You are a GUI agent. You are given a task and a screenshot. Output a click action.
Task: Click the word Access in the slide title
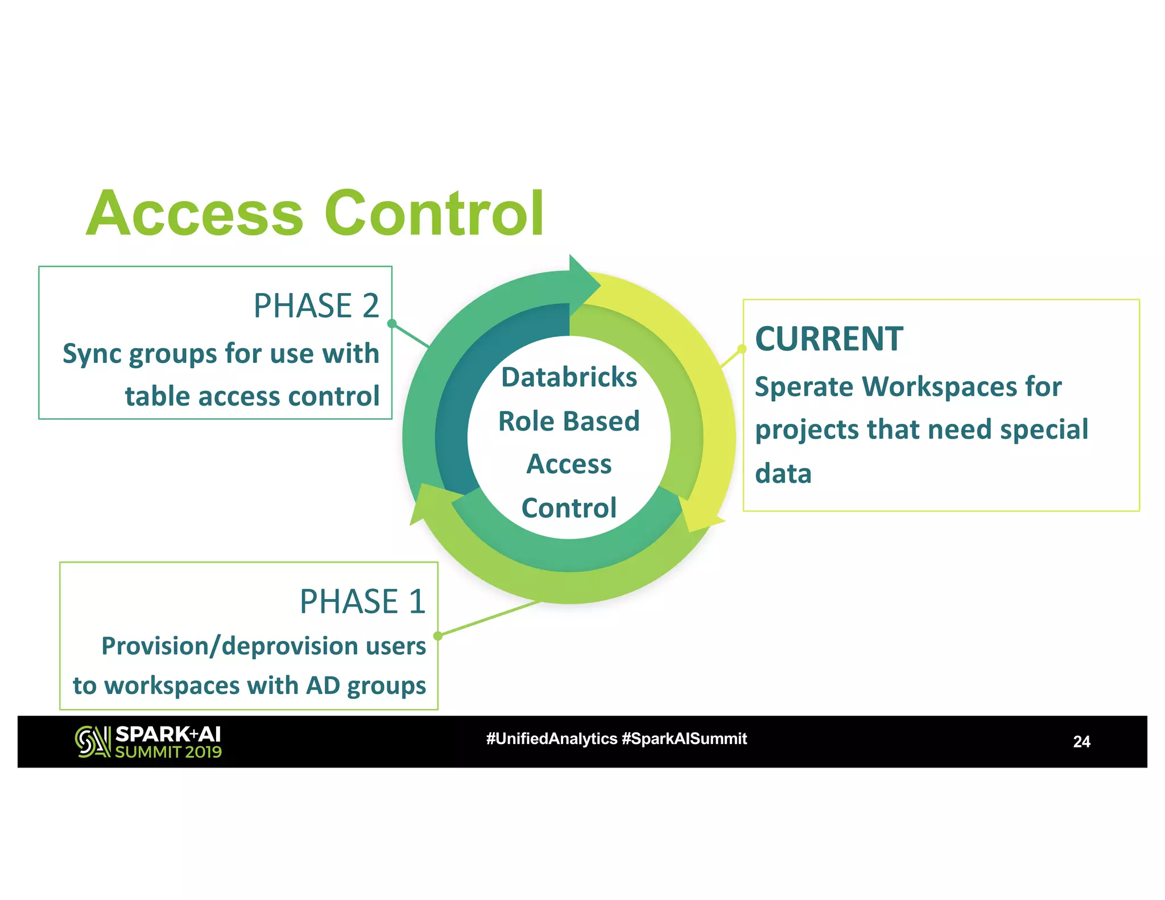pyautogui.click(x=195, y=214)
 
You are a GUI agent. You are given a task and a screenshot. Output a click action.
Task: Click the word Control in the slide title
pyautogui.click(x=435, y=214)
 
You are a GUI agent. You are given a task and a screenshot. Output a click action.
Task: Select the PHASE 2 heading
pyautogui.click(x=316, y=306)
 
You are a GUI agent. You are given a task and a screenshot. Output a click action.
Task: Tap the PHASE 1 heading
pyautogui.click(x=362, y=602)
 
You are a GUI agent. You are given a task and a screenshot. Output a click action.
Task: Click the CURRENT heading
pyautogui.click(x=829, y=339)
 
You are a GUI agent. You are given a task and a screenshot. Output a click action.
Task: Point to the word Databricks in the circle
pyautogui.click(x=569, y=377)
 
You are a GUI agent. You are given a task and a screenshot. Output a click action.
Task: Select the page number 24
pyautogui.click(x=1081, y=742)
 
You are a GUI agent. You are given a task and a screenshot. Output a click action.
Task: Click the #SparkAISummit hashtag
pyautogui.click(x=684, y=739)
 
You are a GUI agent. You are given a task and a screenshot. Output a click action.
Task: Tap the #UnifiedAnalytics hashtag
pyautogui.click(x=551, y=739)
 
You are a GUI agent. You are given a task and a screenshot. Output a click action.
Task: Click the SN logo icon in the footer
pyautogui.click(x=93, y=742)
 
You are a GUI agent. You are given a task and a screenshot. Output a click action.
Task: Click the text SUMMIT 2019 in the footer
pyautogui.click(x=168, y=752)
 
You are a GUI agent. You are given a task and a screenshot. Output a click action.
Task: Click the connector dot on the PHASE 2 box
pyautogui.click(x=391, y=324)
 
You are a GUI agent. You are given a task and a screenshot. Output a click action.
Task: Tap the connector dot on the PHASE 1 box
pyautogui.click(x=437, y=635)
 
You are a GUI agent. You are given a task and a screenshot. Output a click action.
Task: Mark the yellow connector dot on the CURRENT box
pyautogui.click(x=742, y=349)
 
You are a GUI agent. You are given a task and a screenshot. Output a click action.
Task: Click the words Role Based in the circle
pyautogui.click(x=569, y=422)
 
